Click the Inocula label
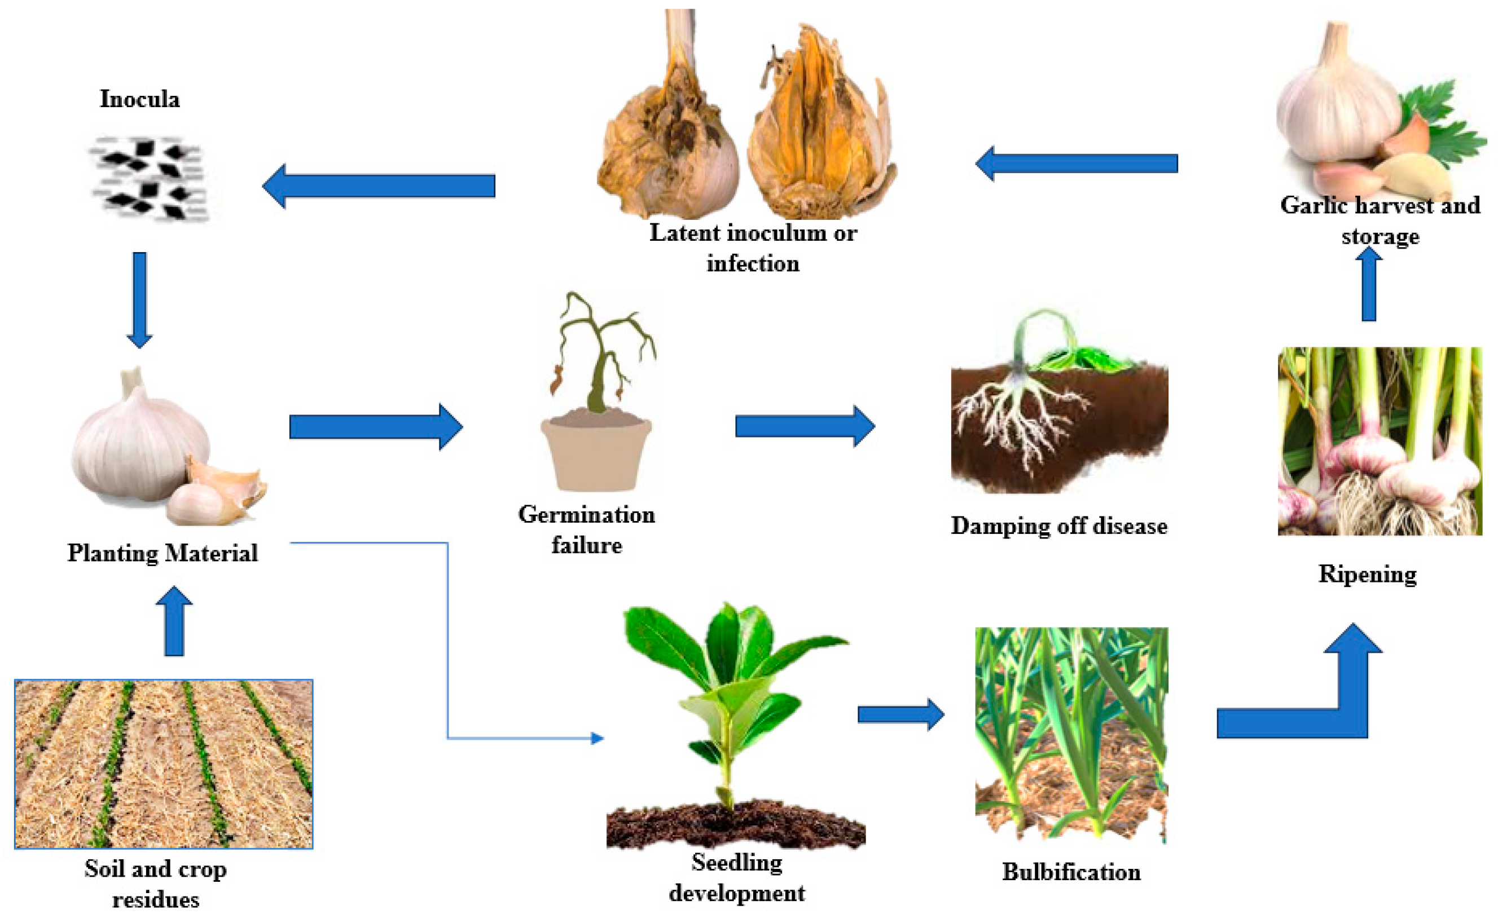[140, 99]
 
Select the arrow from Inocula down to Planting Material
[139, 299]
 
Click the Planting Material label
[162, 553]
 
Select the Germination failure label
[586, 529]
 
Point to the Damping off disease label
[1059, 526]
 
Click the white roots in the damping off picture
[1020, 421]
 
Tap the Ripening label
[1367, 575]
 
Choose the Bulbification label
[1071, 872]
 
